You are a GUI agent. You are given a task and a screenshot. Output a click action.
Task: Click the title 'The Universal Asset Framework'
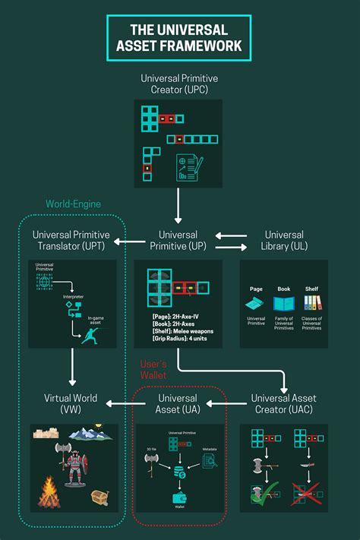(179, 38)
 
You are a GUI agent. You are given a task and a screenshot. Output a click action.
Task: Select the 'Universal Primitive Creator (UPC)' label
(179, 84)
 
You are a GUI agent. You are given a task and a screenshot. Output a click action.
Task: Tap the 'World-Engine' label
(73, 204)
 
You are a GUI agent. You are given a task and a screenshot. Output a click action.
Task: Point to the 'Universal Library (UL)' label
(284, 241)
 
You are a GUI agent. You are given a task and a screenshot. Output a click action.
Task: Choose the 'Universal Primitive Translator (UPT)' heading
(73, 241)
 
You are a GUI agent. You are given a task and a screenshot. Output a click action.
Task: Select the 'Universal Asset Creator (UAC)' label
(284, 404)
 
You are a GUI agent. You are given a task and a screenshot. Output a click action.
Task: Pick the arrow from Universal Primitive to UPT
(129, 242)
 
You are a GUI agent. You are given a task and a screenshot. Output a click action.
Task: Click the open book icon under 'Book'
(283, 303)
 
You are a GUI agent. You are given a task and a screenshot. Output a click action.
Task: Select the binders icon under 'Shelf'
(311, 302)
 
